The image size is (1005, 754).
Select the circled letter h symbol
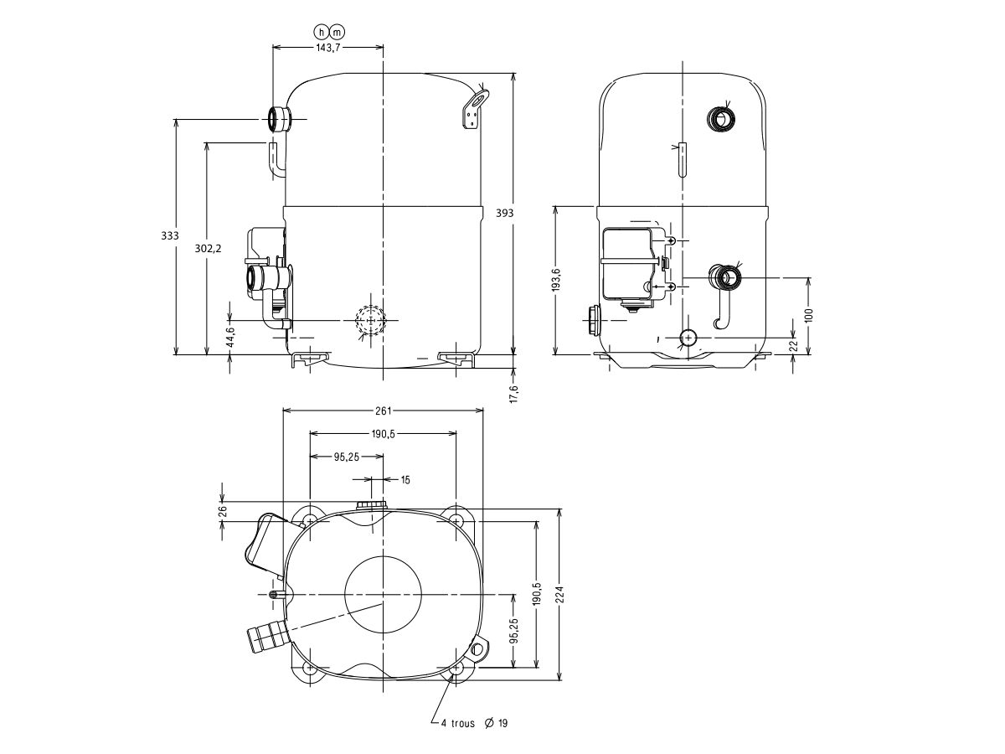(320, 32)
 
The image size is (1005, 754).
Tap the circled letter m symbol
(337, 32)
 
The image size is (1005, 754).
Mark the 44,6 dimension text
(230, 335)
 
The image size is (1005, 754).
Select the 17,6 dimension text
(514, 392)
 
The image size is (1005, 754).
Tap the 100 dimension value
(808, 315)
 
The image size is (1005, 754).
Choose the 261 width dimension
(383, 411)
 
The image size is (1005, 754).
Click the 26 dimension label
(223, 510)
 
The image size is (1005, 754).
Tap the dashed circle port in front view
(368, 321)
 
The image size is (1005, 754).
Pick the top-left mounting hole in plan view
(310, 521)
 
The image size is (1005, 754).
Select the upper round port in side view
(719, 119)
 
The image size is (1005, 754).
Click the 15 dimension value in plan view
(406, 480)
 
